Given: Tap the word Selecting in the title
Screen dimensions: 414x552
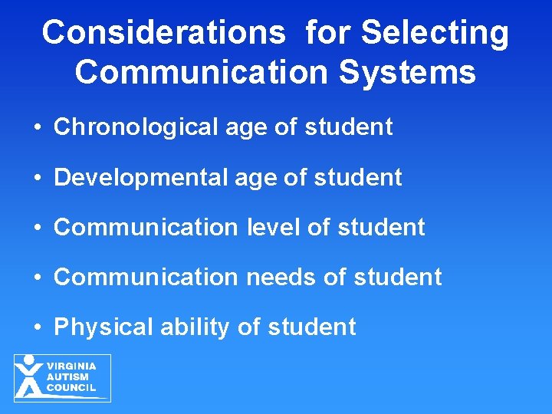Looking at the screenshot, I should click(434, 33).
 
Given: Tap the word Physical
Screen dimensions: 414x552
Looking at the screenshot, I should click(103, 327).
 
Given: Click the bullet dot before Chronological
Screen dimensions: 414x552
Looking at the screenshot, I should click(38, 127).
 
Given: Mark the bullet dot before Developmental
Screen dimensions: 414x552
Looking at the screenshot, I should click(38, 178).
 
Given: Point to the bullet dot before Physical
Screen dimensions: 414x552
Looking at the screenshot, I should click(38, 327).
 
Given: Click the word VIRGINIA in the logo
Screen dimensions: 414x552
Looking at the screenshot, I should click(71, 366).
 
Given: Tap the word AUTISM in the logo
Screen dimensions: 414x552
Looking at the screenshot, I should click(67, 376).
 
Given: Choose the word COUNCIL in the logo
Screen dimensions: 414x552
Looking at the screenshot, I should click(71, 387).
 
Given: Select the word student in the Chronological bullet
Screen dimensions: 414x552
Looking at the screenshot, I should click(349, 127).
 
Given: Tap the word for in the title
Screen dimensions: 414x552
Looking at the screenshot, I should click(329, 33).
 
